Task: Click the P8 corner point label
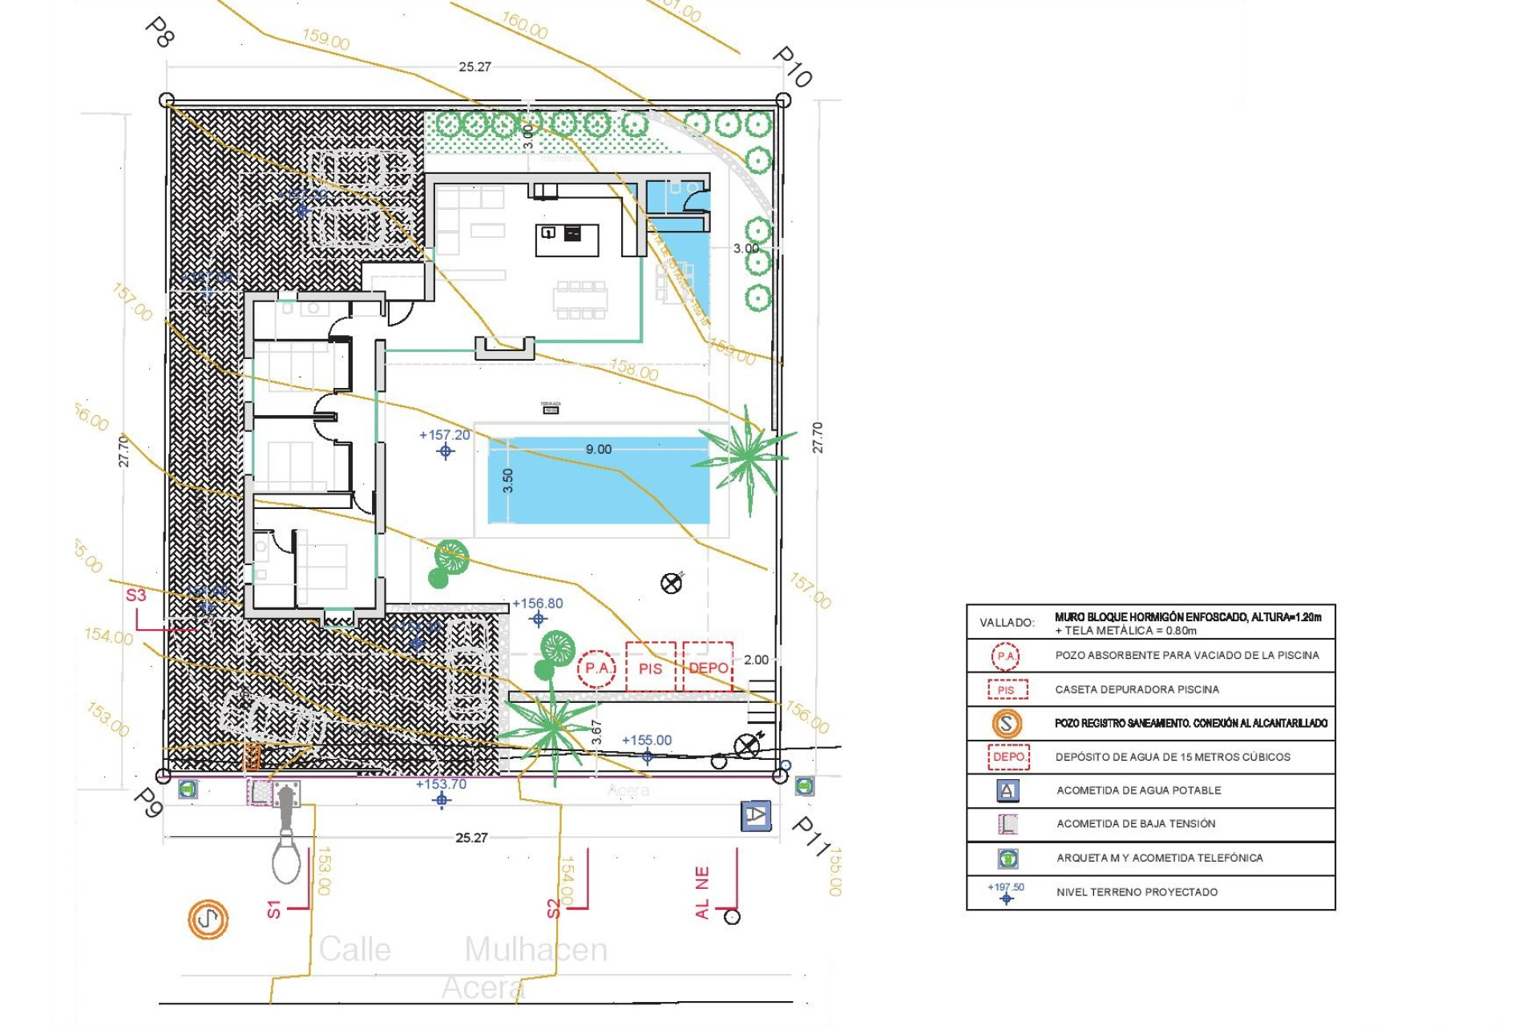[x=160, y=32]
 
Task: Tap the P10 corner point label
[x=792, y=67]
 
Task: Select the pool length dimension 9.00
[x=598, y=450]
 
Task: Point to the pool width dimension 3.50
[x=507, y=480]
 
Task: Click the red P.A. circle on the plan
[x=596, y=668]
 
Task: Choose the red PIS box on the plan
[x=650, y=668]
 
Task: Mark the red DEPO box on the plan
[x=708, y=667]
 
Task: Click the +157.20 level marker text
[x=445, y=435]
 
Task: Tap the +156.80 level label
[x=537, y=604]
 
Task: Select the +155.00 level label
[x=647, y=741]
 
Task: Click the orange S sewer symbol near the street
[x=208, y=919]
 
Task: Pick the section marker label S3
[x=136, y=595]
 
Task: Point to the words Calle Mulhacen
[x=463, y=950]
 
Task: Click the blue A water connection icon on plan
[x=755, y=816]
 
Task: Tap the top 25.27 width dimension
[x=475, y=67]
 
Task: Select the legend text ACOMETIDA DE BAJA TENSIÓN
[x=1136, y=824]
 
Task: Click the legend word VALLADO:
[x=1007, y=623]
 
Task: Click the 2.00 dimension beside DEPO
[x=756, y=660]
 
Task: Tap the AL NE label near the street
[x=702, y=892]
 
